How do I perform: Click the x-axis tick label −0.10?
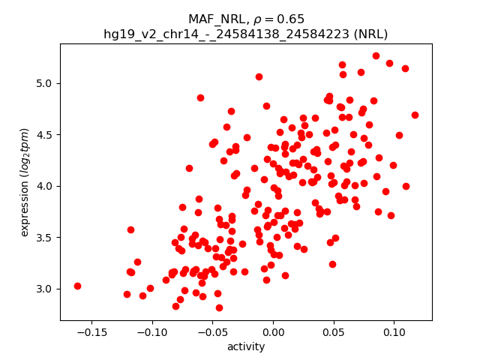tap(152, 332)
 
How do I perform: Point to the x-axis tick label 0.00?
tap(273, 332)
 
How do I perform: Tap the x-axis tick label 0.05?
tap(334, 332)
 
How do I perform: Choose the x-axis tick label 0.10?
tap(394, 332)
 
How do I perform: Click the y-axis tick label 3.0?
tap(47, 289)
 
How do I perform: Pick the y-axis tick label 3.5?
tap(47, 237)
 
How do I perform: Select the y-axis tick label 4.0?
tap(47, 186)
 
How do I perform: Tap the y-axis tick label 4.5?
tap(47, 134)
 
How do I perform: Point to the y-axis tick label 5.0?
tap(47, 83)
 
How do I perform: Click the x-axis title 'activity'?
tap(246, 346)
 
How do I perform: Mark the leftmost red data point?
tap(77, 286)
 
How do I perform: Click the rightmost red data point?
tap(415, 115)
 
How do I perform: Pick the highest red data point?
tap(376, 55)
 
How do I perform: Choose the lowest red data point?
tap(219, 307)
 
